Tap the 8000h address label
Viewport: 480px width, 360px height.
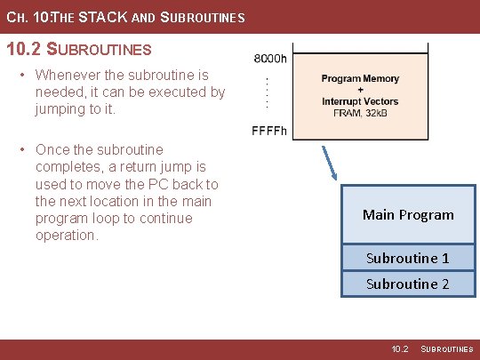[x=270, y=59]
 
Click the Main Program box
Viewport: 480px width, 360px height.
[x=408, y=214]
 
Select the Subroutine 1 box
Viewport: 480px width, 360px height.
[x=408, y=258]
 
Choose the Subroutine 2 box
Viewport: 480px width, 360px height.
[x=408, y=284]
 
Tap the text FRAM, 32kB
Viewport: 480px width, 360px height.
[x=360, y=112]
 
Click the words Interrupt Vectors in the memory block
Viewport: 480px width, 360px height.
[x=360, y=100]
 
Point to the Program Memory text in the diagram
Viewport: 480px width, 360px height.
[x=360, y=79]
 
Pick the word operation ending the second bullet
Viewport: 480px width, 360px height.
[x=66, y=235]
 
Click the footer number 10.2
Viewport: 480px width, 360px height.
[x=400, y=349]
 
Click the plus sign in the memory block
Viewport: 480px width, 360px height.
[x=360, y=90]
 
